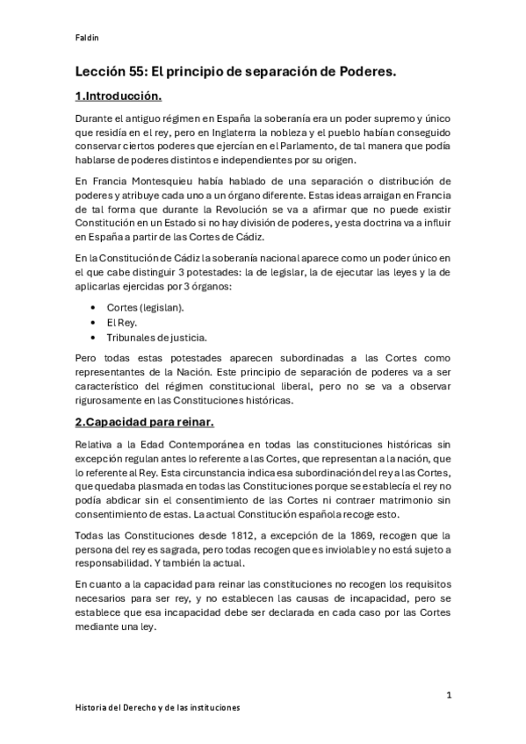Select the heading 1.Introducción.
(x=119, y=96)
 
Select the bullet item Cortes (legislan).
(x=145, y=309)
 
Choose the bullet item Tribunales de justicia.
(x=156, y=337)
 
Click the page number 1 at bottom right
(x=449, y=695)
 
